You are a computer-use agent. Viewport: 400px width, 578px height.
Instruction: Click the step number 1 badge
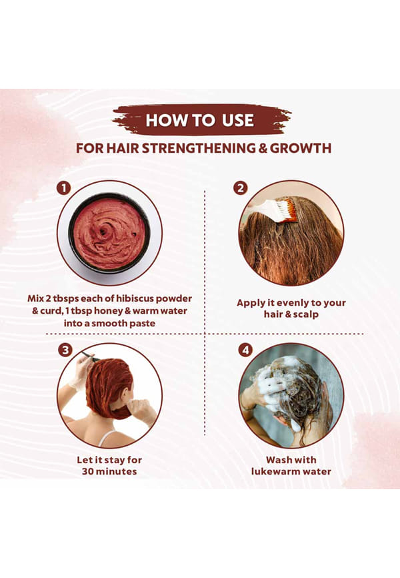pos(64,188)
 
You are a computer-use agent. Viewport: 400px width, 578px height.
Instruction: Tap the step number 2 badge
pos(241,188)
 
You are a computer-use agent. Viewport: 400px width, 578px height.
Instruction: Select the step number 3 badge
pos(65,350)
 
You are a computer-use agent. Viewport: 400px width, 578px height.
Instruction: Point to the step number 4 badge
pos(246,350)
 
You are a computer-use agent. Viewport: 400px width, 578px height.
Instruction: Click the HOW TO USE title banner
pos(200,120)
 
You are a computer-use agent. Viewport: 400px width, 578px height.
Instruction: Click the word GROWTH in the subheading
pos(301,148)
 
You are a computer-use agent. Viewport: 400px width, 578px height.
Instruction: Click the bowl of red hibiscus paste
pos(109,233)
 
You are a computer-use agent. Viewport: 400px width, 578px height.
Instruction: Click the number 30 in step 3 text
pos(89,471)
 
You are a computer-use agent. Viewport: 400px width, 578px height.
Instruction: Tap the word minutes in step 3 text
pos(117,471)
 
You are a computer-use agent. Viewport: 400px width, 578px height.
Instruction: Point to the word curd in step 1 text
pos(50,311)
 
